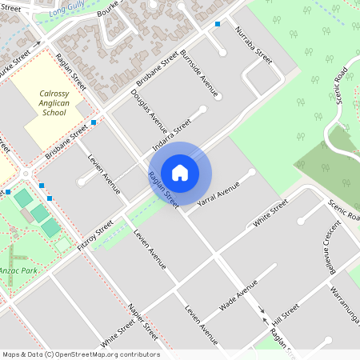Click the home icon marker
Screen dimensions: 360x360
coord(180,172)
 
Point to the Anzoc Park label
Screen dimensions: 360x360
coord(17,271)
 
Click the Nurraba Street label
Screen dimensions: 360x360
coord(254,44)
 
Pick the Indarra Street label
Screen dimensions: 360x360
coord(172,135)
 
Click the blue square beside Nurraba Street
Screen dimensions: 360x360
coord(218,25)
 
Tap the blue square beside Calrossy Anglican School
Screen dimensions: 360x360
coord(94,122)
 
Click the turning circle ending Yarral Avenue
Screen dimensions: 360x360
coord(252,172)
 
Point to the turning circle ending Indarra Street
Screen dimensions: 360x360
coord(202,109)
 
